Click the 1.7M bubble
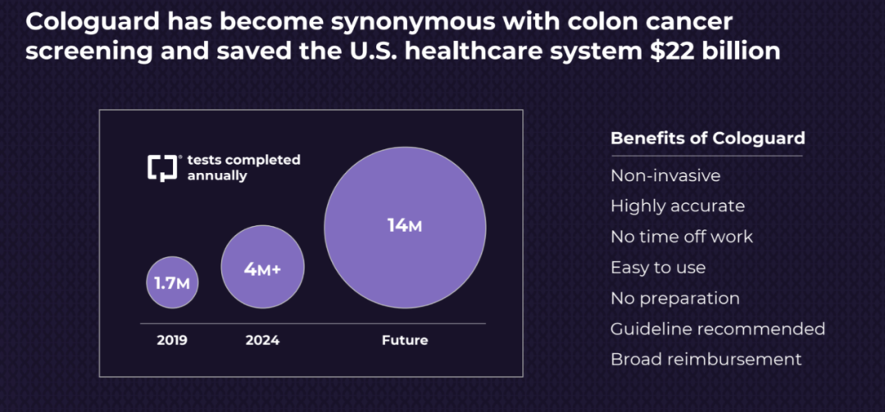pyautogui.click(x=172, y=283)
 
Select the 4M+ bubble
pyautogui.click(x=262, y=267)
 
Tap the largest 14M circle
pyautogui.click(x=405, y=228)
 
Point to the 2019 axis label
pyautogui.click(x=172, y=341)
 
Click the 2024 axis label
pyautogui.click(x=262, y=341)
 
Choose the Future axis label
pyautogui.click(x=405, y=341)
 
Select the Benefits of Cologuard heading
pyautogui.click(x=708, y=138)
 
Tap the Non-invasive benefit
pyautogui.click(x=665, y=175)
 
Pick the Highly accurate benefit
pyautogui.click(x=678, y=206)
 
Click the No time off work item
pyautogui.click(x=681, y=237)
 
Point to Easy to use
pyautogui.click(x=657, y=268)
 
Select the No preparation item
pyautogui.click(x=674, y=298)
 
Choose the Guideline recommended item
pyautogui.click(x=717, y=328)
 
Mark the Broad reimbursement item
pyautogui.click(x=706, y=360)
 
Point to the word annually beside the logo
pyautogui.click(x=217, y=176)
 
